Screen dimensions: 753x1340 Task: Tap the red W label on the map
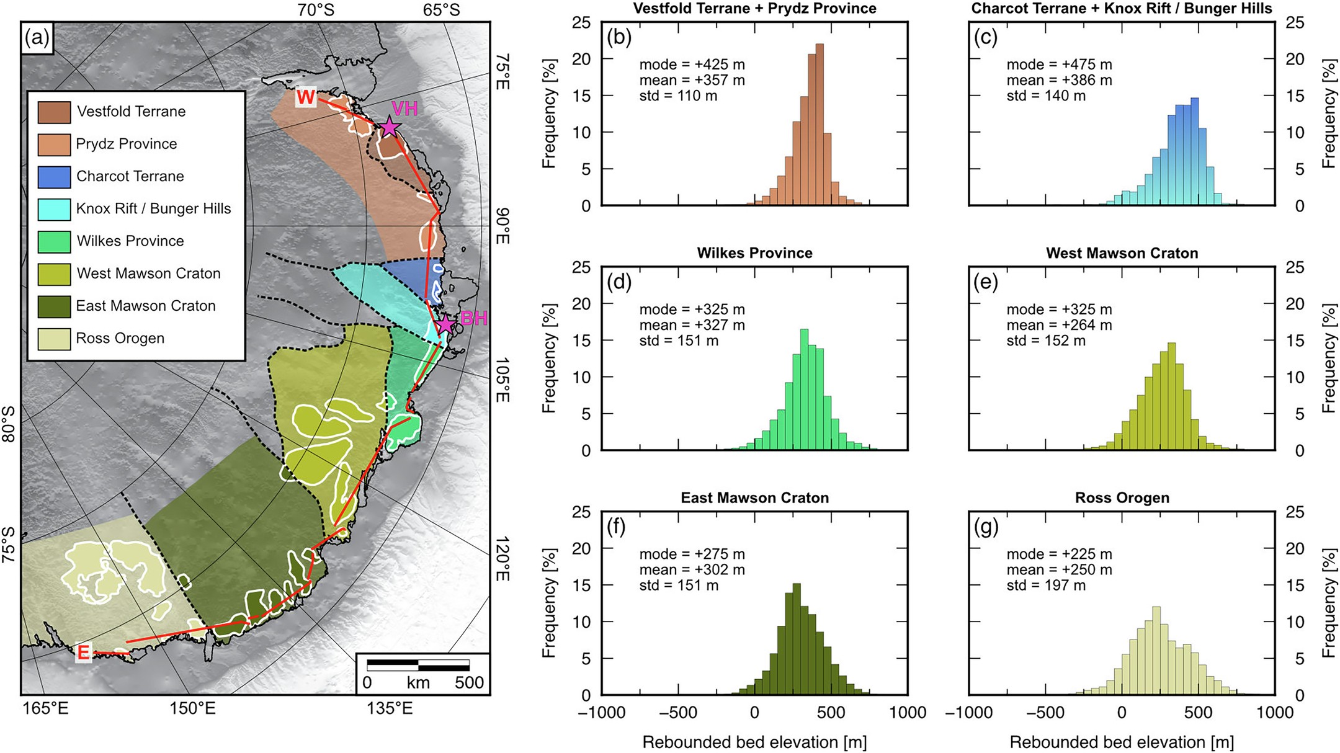(306, 97)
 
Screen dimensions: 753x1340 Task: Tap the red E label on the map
(83, 652)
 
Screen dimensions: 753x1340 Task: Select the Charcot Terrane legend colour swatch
(54, 176)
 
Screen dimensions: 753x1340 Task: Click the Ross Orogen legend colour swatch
(54, 338)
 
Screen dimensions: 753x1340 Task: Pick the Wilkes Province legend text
(130, 241)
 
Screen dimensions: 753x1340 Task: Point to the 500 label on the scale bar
(469, 682)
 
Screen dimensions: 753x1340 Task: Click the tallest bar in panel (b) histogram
(820, 124)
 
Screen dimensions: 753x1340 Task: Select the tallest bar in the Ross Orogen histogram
(1156, 651)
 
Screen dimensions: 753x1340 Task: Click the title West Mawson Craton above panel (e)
(1122, 253)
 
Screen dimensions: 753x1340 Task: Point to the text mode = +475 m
(1059, 65)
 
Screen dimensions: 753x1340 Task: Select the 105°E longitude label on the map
(501, 380)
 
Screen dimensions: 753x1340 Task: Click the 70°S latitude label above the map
(315, 10)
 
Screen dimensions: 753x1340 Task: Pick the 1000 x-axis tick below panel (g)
(1274, 713)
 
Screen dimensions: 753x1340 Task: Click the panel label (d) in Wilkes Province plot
(619, 282)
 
